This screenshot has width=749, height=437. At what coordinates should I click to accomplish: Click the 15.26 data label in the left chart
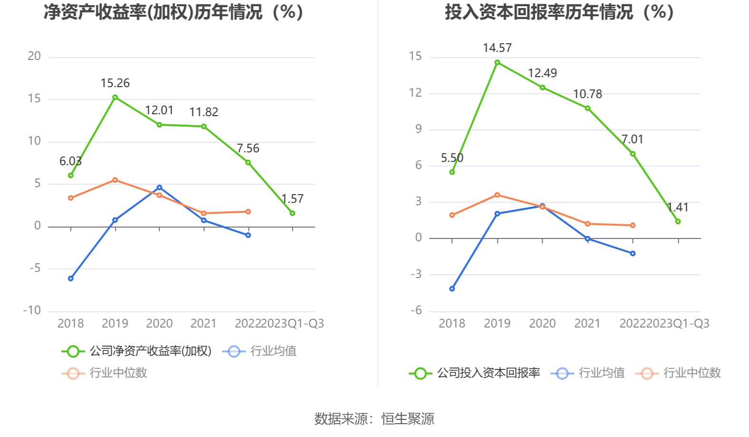coord(115,83)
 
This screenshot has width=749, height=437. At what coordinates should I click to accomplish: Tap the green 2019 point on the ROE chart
coord(115,98)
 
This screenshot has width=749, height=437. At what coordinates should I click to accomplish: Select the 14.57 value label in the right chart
coord(497,48)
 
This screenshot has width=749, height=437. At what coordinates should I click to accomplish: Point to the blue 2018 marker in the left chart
coord(71,278)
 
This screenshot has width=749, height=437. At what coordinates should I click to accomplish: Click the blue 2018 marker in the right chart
coord(452,289)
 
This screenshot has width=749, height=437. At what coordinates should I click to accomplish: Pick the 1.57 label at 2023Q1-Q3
coord(292,199)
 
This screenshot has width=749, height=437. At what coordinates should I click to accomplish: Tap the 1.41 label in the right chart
coord(678,208)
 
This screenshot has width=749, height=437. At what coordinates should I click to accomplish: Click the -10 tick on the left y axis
coord(32,310)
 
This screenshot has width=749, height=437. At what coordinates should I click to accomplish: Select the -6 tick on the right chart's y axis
coord(416,310)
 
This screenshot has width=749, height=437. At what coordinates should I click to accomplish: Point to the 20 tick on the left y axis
coord(34,56)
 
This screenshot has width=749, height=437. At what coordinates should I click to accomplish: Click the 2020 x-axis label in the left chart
coord(159,324)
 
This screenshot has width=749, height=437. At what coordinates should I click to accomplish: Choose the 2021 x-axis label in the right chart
coord(587,324)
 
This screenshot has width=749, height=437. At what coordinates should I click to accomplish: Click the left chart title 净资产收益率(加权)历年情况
coord(174,12)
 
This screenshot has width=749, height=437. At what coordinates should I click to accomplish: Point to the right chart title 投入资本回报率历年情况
coord(559,12)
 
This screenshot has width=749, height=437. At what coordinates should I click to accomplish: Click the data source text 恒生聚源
coord(408,419)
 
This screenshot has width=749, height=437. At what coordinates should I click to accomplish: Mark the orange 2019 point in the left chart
coord(115,180)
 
